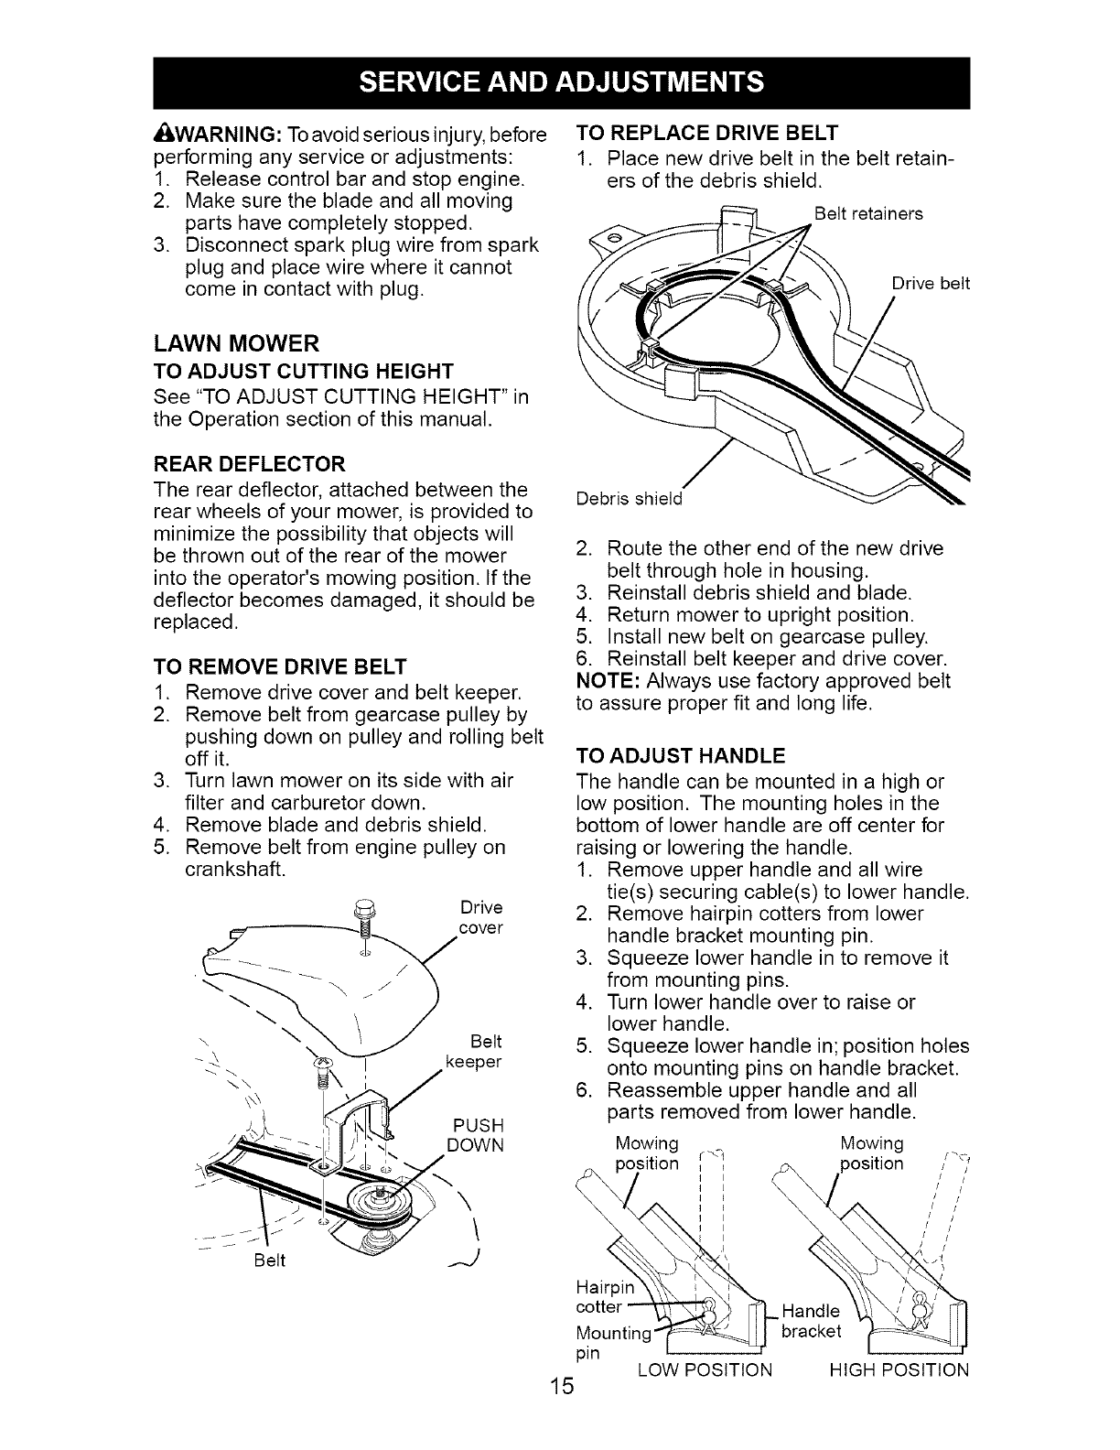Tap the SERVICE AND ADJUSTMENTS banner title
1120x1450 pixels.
pos(560,82)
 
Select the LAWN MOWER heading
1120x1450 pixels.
pos(237,343)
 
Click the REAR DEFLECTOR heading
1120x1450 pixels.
pos(248,462)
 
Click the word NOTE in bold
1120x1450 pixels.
pos(604,681)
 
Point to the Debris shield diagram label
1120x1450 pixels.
pos(630,499)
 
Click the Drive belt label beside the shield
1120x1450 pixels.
pos(930,283)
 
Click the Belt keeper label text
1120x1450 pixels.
pos(474,1052)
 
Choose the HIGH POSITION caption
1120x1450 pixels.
pos(899,1369)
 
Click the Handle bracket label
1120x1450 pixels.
pos(811,1320)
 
